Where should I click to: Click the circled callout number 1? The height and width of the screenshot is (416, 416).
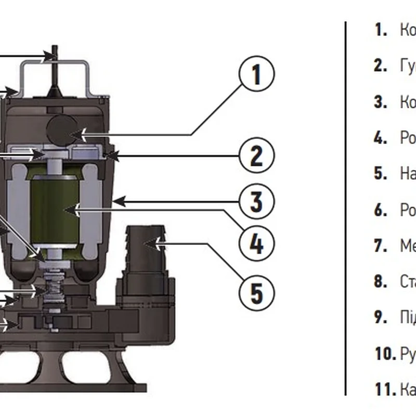point(256,75)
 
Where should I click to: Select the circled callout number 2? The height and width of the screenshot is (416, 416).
point(256,155)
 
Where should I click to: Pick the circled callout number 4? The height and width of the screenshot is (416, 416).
point(256,242)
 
